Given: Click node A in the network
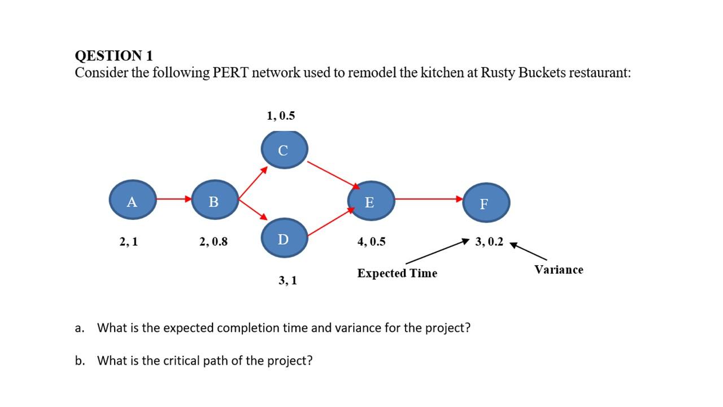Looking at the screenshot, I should click(132, 201).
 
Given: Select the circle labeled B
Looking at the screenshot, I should click(215, 200).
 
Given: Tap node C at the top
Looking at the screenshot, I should click(284, 150).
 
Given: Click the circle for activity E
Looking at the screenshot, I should click(371, 201).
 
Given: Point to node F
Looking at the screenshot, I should click(486, 202).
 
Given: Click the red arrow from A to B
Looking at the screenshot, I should click(173, 199).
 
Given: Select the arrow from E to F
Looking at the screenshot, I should click(428, 199).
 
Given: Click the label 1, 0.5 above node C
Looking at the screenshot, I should click(281, 116).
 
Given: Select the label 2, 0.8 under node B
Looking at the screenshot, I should click(214, 242).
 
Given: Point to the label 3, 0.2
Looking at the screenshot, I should click(489, 242).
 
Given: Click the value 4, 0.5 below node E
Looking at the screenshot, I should click(372, 242).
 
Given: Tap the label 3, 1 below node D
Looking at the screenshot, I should click(288, 280).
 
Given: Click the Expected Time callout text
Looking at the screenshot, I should click(397, 274).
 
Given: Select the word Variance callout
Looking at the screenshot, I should click(559, 270).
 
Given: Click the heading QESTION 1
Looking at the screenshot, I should click(114, 56).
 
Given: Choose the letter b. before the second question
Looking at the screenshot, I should click(80, 361).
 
